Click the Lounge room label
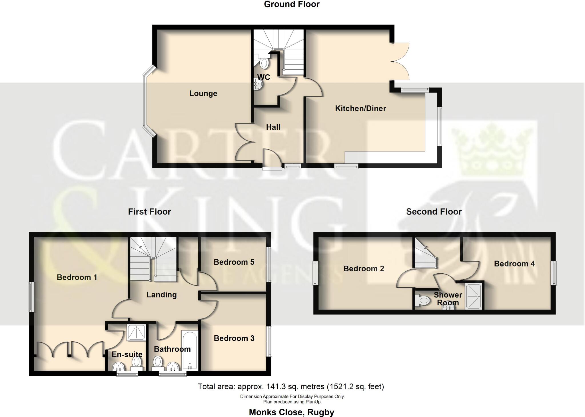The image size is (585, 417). pyautogui.click(x=203, y=93)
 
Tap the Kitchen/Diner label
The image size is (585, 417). pyautogui.click(x=360, y=109)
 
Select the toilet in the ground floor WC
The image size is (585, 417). pyautogui.click(x=264, y=63)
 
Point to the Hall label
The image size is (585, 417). pyautogui.click(x=273, y=127)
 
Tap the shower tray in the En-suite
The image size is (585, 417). pyautogui.click(x=136, y=333)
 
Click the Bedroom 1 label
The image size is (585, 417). pyautogui.click(x=77, y=277)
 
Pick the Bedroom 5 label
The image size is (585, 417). pyautogui.click(x=234, y=262)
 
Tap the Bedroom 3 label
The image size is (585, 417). pyautogui.click(x=234, y=338)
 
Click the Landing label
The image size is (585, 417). pyautogui.click(x=161, y=295)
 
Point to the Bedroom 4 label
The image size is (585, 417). pyautogui.click(x=514, y=264)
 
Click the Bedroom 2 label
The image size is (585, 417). pyautogui.click(x=364, y=269)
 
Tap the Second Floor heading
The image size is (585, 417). pyautogui.click(x=434, y=212)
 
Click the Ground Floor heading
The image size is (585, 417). pyautogui.click(x=292, y=4)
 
